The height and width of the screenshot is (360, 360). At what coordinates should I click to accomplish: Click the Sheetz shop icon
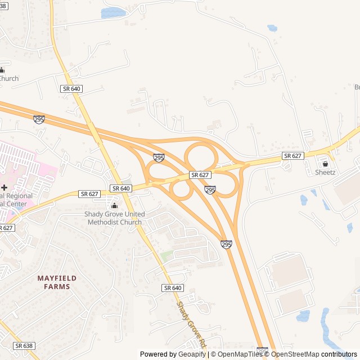click(x=325, y=164)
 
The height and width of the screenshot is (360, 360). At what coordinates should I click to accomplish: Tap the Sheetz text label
click(x=325, y=172)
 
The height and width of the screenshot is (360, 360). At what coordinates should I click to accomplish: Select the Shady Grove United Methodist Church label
click(x=115, y=218)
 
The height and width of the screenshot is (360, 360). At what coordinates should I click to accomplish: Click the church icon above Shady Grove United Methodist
click(x=115, y=206)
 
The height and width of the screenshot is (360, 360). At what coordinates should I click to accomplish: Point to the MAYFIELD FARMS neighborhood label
click(x=57, y=282)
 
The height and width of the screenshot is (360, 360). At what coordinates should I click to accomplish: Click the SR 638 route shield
click(x=24, y=346)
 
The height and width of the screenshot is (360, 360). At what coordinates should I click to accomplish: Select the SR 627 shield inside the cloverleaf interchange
click(x=200, y=175)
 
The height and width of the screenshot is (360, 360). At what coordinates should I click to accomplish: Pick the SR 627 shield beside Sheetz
click(x=293, y=156)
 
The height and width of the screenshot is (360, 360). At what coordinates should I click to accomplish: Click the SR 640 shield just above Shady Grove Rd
click(x=173, y=288)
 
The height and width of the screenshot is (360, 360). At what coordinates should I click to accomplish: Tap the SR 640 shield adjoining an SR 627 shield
click(x=121, y=188)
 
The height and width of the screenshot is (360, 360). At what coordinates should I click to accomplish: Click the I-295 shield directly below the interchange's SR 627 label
click(x=210, y=191)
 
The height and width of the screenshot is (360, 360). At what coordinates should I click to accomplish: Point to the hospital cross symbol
click(x=4, y=187)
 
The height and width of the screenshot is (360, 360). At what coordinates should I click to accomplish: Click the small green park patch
click(x=166, y=256)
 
